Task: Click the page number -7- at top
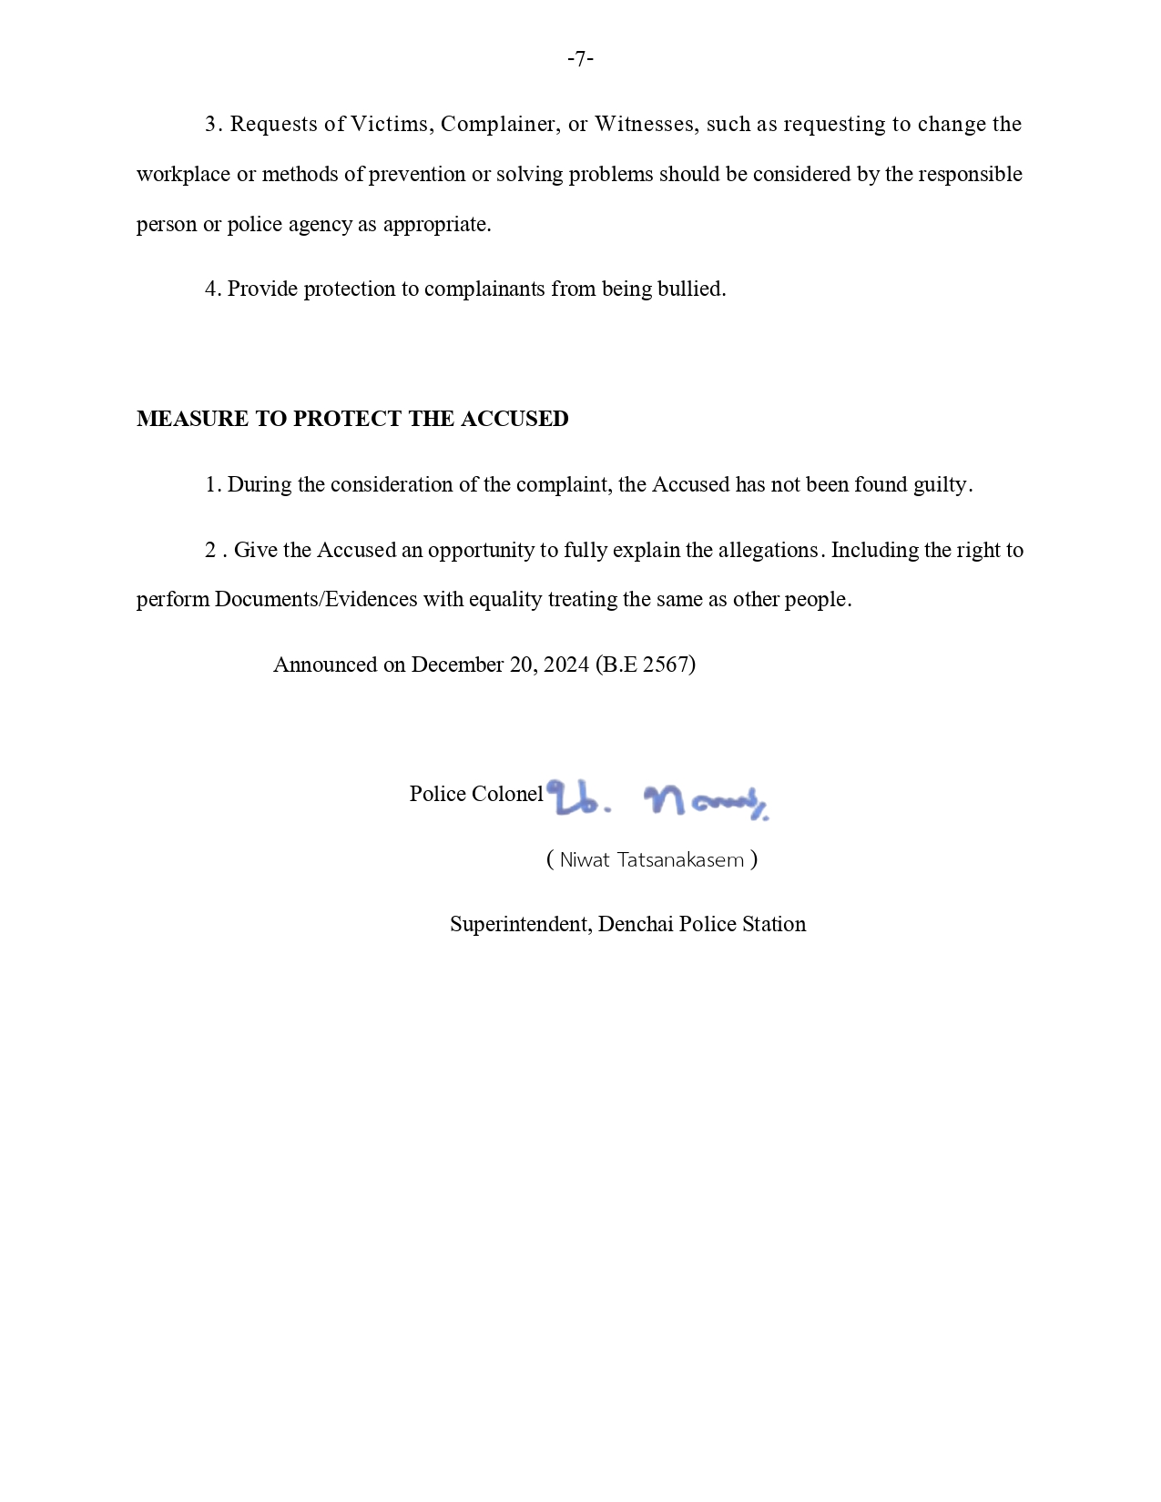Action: [580, 60]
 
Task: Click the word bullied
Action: [691, 289]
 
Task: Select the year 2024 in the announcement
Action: [565, 665]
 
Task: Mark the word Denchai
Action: [636, 924]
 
